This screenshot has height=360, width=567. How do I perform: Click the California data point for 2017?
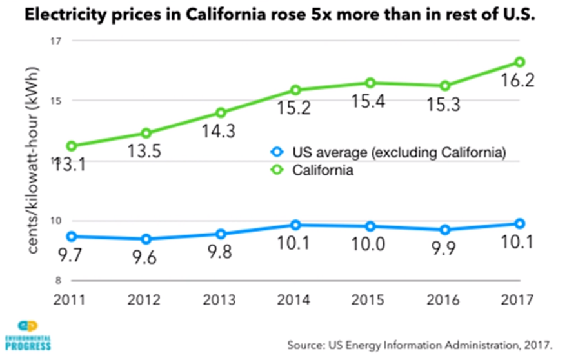520,62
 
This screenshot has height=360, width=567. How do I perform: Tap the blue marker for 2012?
146,239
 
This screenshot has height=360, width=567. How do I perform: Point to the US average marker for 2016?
444,230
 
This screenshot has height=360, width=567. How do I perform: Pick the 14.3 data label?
220,131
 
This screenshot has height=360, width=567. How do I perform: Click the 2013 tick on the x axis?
221,299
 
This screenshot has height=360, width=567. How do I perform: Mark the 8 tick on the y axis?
59,281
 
